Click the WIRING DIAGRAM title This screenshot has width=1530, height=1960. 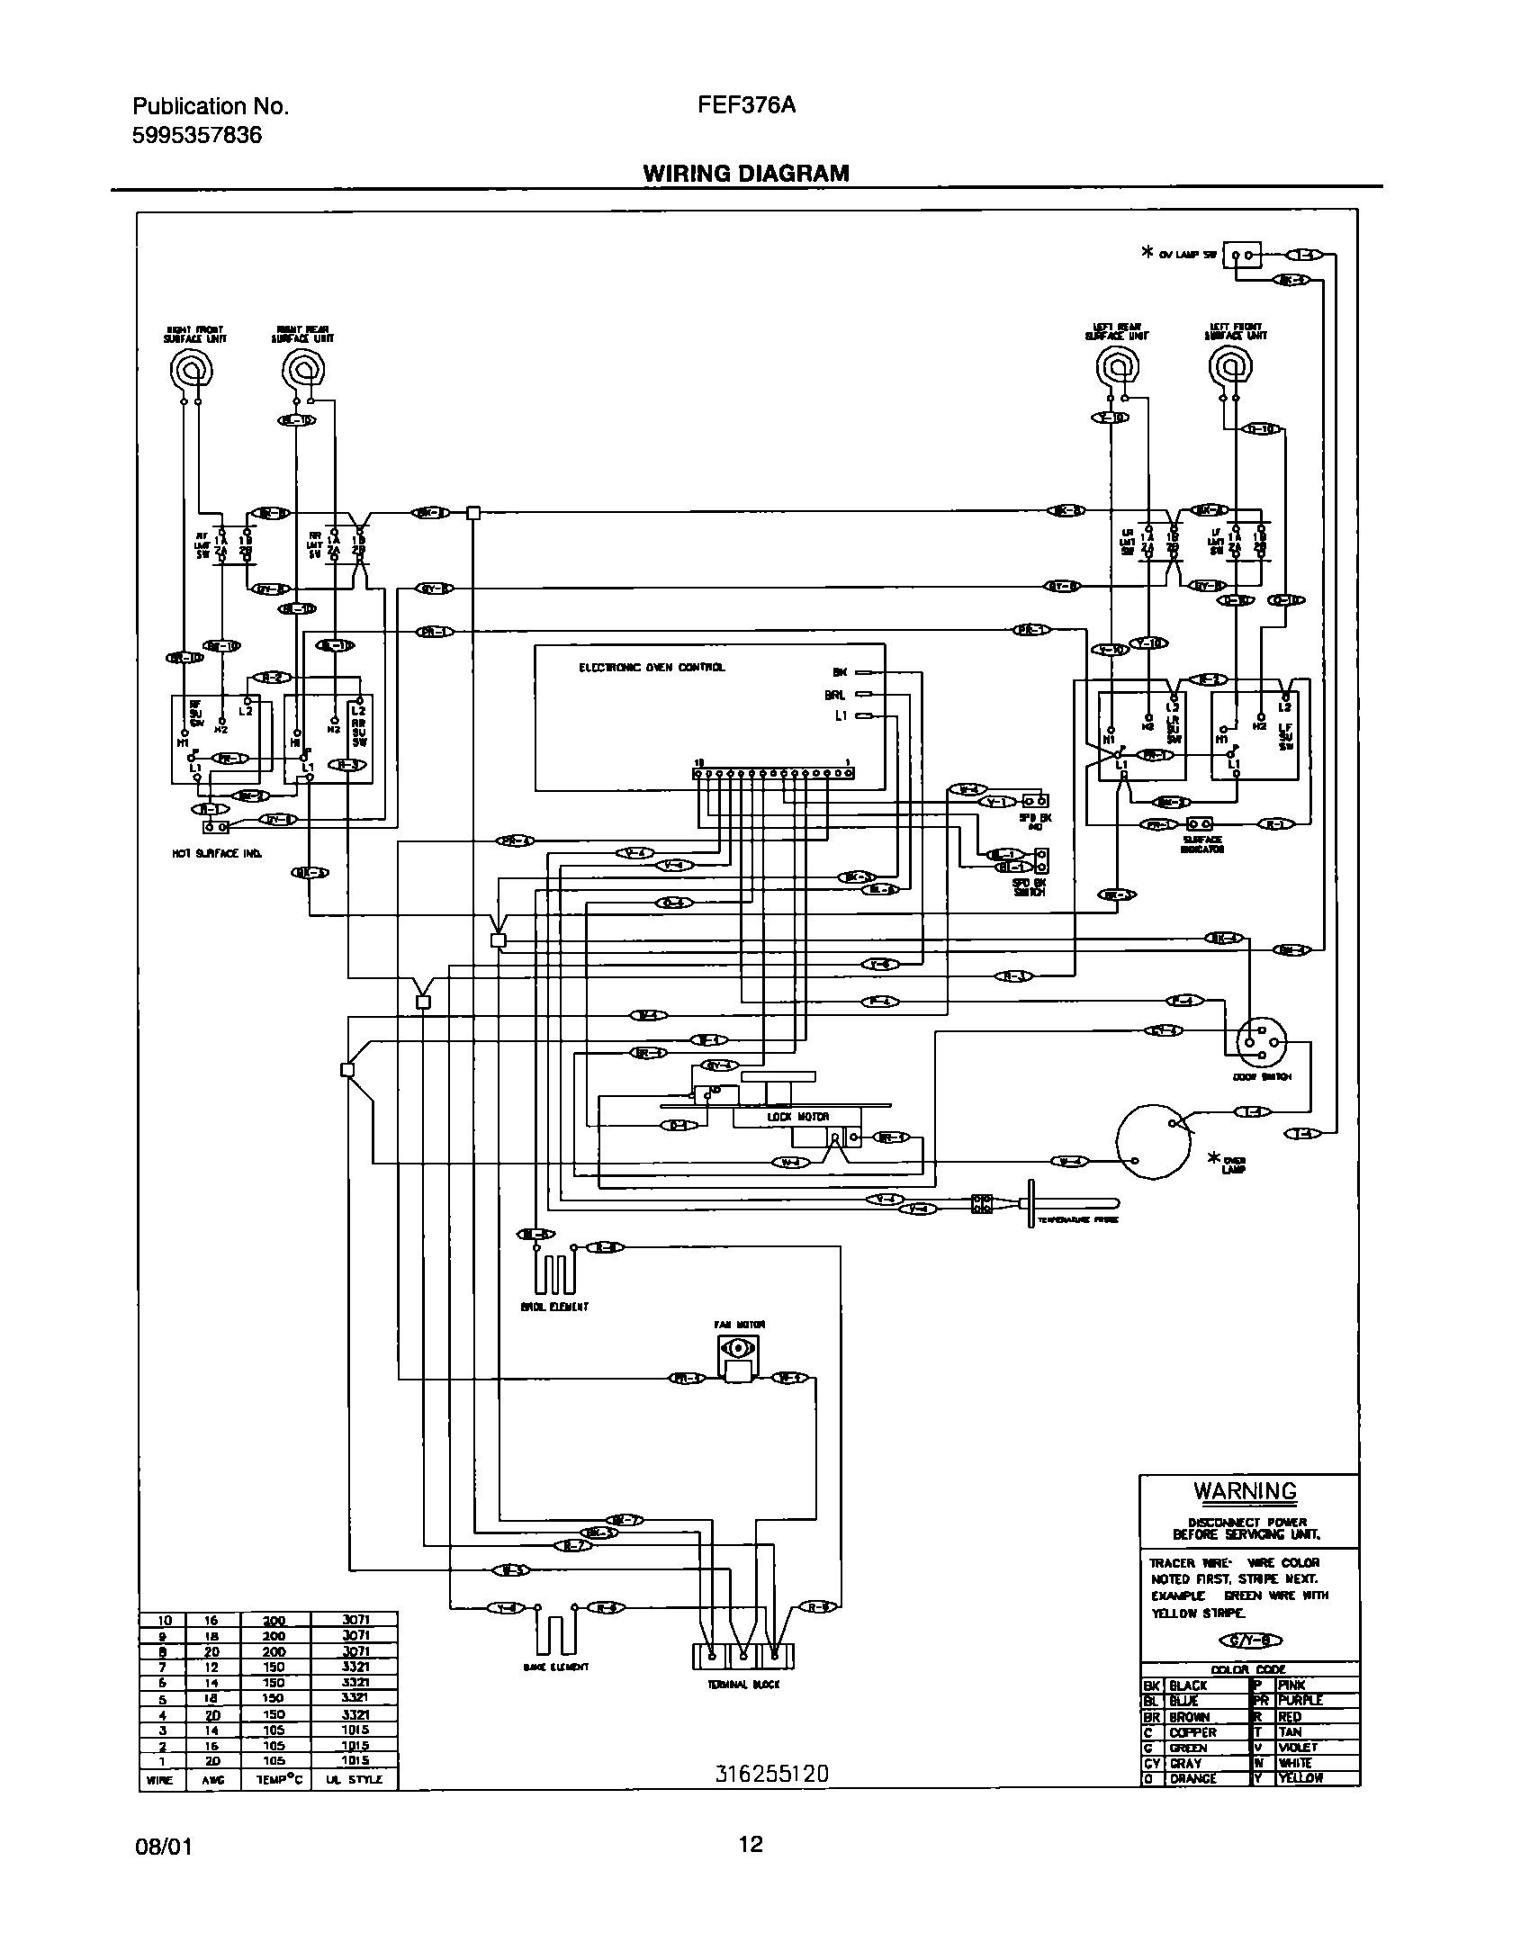pyautogui.click(x=745, y=173)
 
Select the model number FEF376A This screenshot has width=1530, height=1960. pyautogui.click(x=746, y=106)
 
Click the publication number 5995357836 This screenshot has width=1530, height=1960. pyautogui.click(x=197, y=136)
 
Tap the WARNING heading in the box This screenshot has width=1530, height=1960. pyautogui.click(x=1246, y=1491)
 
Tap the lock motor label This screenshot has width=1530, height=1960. pyautogui.click(x=785, y=1117)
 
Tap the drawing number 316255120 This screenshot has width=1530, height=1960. pyautogui.click(x=771, y=1773)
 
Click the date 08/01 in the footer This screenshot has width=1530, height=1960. pyautogui.click(x=162, y=1848)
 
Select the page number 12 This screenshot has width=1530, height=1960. pyautogui.click(x=751, y=1845)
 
